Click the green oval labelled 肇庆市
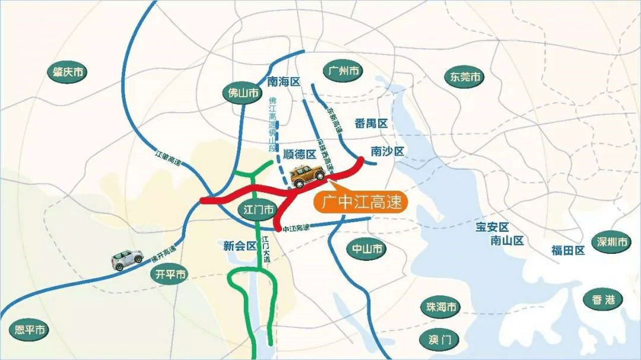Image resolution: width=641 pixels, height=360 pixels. (67, 72)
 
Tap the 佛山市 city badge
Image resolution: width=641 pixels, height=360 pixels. (243, 93)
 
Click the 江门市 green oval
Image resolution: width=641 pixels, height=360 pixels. (259, 209)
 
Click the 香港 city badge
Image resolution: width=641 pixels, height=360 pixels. (603, 300)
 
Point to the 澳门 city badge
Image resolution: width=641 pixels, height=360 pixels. (440, 340)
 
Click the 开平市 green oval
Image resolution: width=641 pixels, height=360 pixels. (171, 274)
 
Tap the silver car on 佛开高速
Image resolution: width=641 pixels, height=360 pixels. (127, 259)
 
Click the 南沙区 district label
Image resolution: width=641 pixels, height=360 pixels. (387, 152)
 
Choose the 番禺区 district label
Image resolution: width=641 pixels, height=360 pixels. (371, 124)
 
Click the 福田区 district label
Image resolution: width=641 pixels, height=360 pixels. (568, 250)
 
